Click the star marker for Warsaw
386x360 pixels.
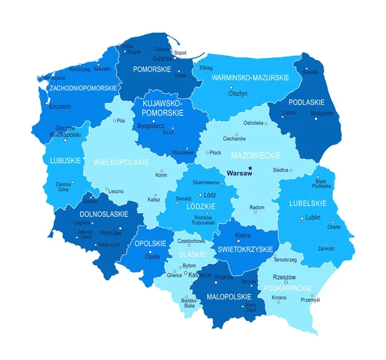(x=250, y=169)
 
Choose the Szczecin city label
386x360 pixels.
(x=60, y=106)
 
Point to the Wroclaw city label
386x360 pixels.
(x=111, y=232)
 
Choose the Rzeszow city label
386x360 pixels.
(x=284, y=276)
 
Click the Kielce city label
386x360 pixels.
(x=243, y=236)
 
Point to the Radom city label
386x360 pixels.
(x=257, y=207)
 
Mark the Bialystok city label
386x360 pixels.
(x=322, y=113)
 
